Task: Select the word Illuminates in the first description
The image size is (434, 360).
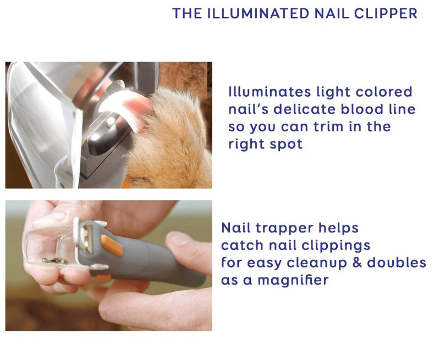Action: [x=270, y=92]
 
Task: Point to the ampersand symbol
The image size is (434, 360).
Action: [x=357, y=263]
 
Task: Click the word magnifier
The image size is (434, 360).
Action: [x=293, y=280]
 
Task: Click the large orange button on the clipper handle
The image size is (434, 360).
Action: [x=112, y=245]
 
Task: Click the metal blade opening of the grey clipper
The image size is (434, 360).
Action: [x=86, y=239]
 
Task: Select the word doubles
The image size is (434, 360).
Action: [x=397, y=263]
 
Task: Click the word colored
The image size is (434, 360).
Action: [x=384, y=92]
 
